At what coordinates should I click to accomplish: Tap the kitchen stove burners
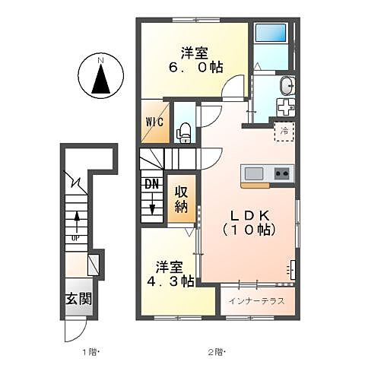pos(282,173)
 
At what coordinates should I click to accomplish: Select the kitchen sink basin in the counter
pos(253,173)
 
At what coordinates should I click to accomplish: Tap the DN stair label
pos(151,183)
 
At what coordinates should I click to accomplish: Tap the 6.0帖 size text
pos(195,68)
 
